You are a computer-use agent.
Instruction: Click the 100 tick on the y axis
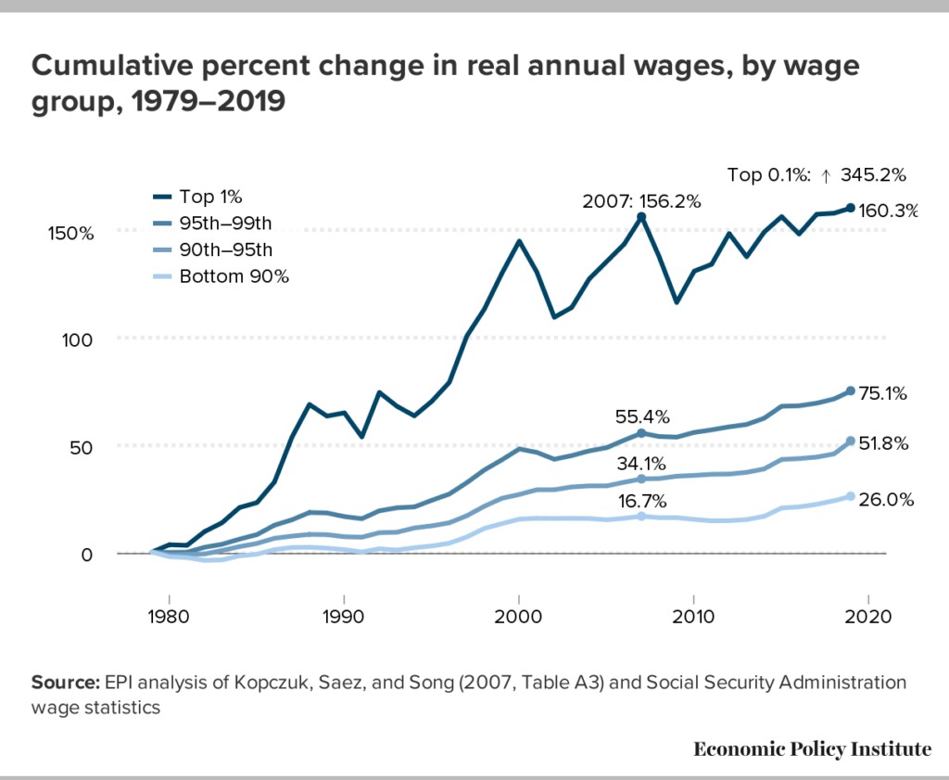point(80,339)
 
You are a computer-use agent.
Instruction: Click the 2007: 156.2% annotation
point(641,200)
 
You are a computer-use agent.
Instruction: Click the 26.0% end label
point(886,499)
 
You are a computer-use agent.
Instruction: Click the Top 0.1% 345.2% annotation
point(816,173)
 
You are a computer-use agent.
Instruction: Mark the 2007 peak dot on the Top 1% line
point(641,216)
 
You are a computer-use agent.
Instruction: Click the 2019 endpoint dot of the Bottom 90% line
point(851,496)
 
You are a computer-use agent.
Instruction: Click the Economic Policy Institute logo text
point(812,749)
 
